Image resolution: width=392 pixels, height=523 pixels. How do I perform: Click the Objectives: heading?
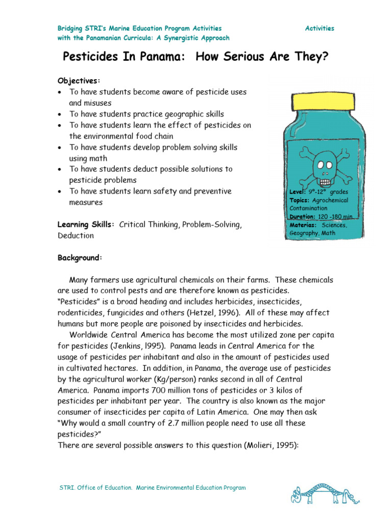click(x=79, y=81)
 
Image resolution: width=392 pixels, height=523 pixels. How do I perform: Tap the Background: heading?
click(x=80, y=258)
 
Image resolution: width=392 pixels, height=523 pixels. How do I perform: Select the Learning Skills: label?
click(x=86, y=225)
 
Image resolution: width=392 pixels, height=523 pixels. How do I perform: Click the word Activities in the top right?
click(x=320, y=29)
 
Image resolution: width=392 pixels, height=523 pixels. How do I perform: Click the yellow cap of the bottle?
click(x=322, y=101)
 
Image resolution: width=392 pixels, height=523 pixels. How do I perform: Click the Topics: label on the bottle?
click(x=300, y=200)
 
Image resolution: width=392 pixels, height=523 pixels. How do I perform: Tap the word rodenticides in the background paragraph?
click(x=82, y=313)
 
